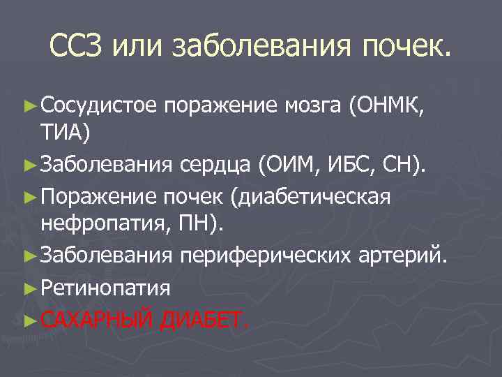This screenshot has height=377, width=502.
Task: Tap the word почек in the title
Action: point(404,46)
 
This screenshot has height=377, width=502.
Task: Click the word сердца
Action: point(216,165)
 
